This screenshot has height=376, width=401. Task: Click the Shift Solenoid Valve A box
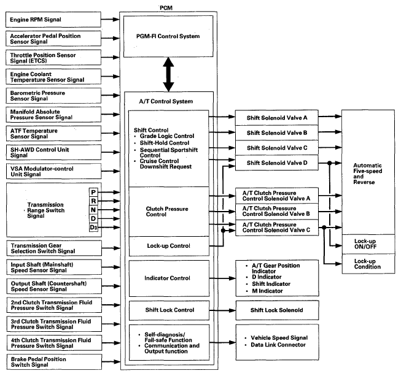click(x=277, y=116)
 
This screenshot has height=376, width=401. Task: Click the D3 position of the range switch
click(x=93, y=228)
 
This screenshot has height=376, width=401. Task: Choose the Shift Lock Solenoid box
click(x=277, y=310)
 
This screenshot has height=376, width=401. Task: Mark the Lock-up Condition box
click(x=365, y=263)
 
